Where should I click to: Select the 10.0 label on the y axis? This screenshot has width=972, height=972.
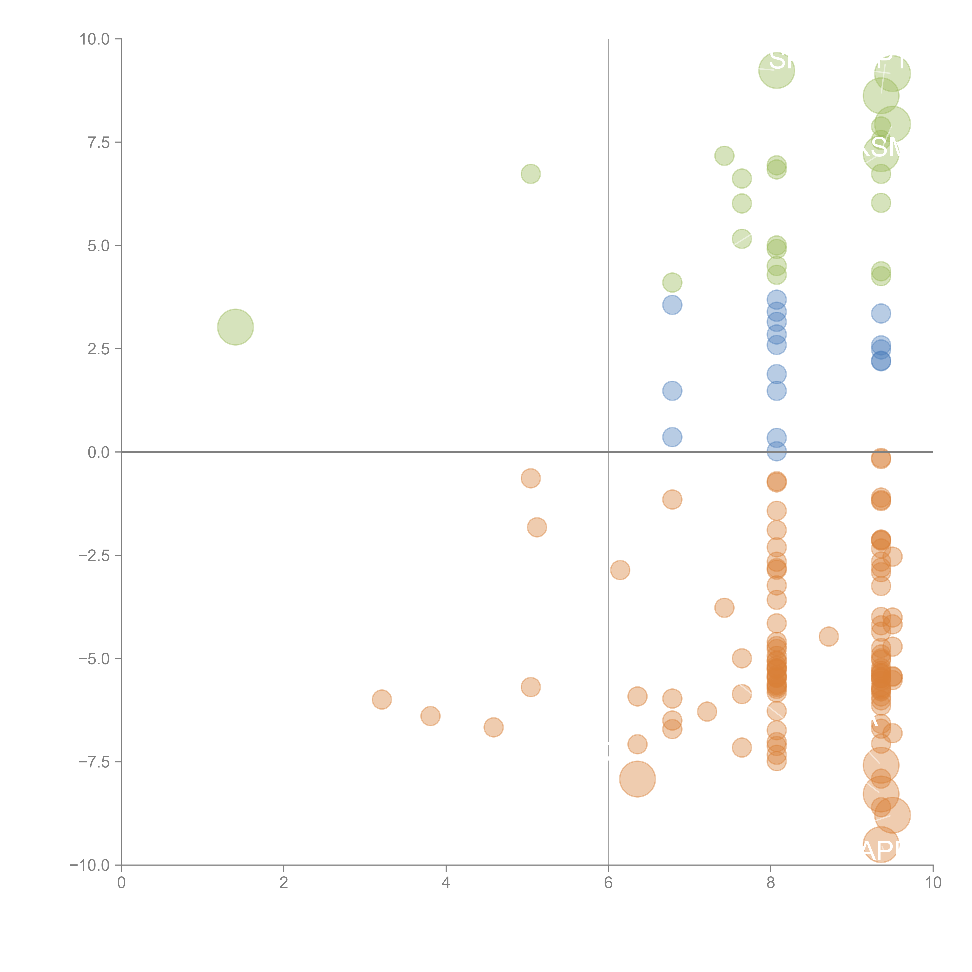[95, 39]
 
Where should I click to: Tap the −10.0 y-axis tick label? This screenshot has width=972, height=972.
[90, 865]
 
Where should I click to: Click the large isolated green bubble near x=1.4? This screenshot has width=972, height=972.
[235, 327]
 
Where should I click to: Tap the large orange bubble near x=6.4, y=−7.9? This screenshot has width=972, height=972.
[637, 779]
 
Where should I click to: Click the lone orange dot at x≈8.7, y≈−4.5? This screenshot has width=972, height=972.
[829, 636]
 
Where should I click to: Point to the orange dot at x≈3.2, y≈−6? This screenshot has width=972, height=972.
[382, 699]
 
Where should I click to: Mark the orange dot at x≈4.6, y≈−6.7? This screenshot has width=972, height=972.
[494, 727]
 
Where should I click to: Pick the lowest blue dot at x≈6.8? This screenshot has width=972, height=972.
[672, 437]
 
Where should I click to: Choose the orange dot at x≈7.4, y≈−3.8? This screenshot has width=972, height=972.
[724, 608]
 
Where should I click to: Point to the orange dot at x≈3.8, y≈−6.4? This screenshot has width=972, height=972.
[430, 716]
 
